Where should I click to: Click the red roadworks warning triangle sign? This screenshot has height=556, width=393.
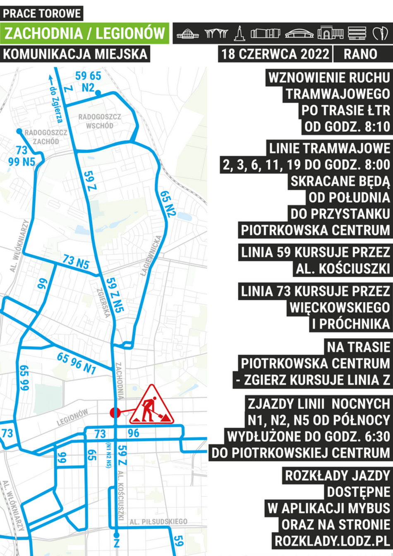151,406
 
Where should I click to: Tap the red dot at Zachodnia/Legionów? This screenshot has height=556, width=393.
115,413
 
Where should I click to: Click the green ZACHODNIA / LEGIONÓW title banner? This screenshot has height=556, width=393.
85,33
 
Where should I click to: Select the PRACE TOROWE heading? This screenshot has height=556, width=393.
42,13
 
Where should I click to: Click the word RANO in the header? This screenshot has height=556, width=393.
360,54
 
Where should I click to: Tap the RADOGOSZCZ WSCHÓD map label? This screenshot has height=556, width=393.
100,121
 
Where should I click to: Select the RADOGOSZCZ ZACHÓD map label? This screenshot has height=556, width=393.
46,137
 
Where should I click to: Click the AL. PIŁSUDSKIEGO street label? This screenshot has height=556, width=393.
158,521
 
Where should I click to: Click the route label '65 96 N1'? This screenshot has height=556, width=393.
77,363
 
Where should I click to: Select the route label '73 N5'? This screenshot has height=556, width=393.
76,262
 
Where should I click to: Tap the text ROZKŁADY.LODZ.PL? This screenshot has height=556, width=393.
333,541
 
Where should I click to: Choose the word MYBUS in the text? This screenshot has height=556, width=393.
367,508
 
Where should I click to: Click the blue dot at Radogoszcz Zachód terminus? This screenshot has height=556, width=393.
19,131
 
